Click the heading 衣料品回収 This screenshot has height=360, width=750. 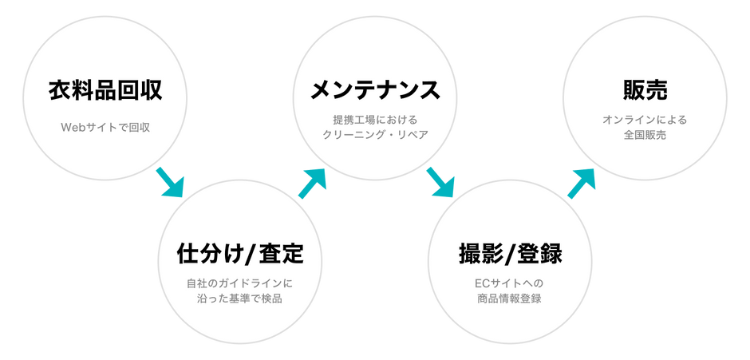click(x=105, y=90)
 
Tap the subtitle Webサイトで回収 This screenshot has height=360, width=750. click(x=105, y=128)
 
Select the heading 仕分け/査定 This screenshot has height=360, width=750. click(x=240, y=254)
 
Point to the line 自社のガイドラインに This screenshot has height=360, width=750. click(x=239, y=283)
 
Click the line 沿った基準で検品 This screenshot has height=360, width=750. click(x=239, y=299)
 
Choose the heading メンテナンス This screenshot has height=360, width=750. click(x=375, y=90)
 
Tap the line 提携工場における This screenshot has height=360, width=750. click(x=375, y=119)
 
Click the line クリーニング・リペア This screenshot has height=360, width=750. click(x=375, y=135)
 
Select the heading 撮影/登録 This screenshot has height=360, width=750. click(x=511, y=254)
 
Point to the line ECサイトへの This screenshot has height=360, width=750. click(x=511, y=283)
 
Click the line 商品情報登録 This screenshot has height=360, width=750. click(x=511, y=299)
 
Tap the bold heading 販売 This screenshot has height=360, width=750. click(x=645, y=90)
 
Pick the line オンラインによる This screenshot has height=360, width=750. click(x=645, y=119)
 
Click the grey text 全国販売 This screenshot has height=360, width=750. click(x=645, y=135)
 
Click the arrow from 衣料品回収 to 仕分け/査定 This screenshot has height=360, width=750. click(x=170, y=182)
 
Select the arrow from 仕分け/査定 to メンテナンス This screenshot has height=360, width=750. click(x=312, y=184)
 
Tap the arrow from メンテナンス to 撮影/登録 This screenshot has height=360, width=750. click(x=440, y=182)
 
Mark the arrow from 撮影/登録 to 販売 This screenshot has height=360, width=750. click(x=582, y=184)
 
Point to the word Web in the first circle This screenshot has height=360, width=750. click(x=71, y=128)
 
